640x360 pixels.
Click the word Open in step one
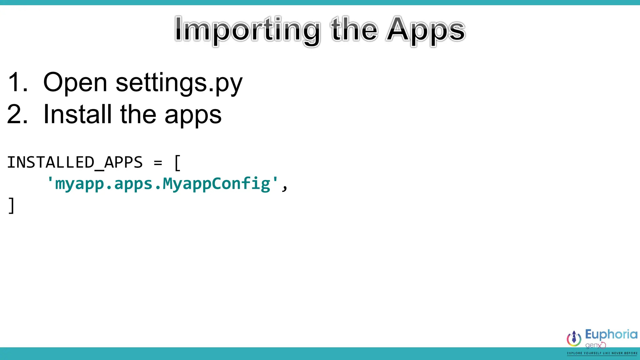click(x=75, y=82)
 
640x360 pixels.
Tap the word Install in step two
click(x=77, y=114)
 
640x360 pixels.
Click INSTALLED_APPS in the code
click(x=75, y=162)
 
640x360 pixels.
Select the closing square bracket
click(x=12, y=205)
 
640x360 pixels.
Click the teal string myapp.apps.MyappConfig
click(x=162, y=184)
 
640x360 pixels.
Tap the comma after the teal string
click(x=284, y=187)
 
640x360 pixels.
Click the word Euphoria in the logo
click(x=611, y=335)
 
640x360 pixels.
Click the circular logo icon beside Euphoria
click(x=574, y=338)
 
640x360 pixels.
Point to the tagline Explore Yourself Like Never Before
click(x=602, y=353)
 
